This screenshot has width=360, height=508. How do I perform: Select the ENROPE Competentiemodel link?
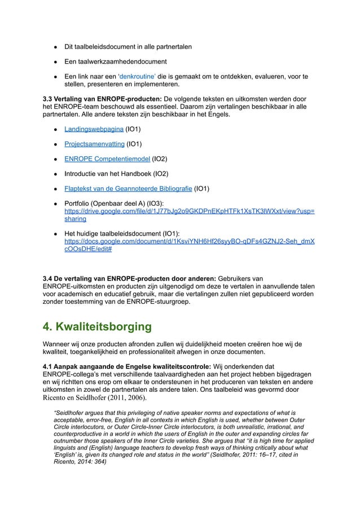107,159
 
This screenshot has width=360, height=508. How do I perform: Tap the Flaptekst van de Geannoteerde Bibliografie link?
128,188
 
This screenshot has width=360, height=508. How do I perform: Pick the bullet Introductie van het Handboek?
107,174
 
